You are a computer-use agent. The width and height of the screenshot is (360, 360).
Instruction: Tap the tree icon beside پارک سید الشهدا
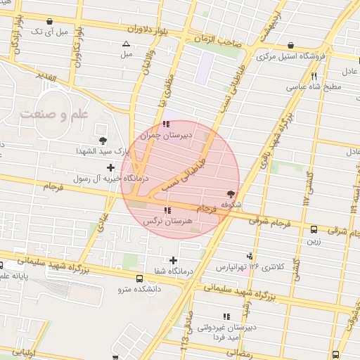103,141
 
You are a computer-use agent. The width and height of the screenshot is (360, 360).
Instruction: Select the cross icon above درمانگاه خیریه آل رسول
110,167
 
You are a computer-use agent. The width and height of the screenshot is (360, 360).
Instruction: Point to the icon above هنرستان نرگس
167,210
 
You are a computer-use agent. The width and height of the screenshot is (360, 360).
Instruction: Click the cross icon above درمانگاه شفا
173,261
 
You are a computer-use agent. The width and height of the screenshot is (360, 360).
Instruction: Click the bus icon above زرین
314,229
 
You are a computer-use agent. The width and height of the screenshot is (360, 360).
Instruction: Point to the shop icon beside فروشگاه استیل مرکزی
291,44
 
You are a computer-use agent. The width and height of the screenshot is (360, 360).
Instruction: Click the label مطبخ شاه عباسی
314,87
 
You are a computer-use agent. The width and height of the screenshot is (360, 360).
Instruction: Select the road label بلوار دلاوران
149,30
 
